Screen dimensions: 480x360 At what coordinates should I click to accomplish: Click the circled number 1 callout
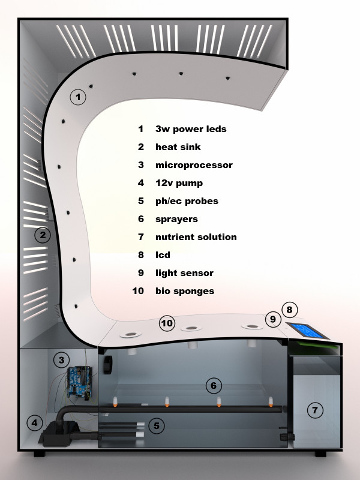pos(78,97)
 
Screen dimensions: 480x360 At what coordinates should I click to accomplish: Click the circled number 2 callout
pos(41,235)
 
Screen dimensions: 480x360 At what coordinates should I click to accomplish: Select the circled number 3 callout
pos(61,360)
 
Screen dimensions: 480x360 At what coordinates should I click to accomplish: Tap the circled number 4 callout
pos(35,424)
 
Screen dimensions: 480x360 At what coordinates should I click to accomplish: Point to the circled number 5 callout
pos(156,426)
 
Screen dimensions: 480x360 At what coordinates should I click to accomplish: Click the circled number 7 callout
pos(314,410)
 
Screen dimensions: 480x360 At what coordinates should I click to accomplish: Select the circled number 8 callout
pos(289,310)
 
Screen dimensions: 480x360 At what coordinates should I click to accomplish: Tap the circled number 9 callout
pos(273,320)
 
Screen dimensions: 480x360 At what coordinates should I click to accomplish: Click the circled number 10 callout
pos(167,324)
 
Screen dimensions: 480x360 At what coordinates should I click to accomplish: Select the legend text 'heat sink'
pos(178,147)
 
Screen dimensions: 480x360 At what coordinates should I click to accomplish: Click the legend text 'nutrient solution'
pos(196,237)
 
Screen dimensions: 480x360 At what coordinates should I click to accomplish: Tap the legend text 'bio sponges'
pos(185,291)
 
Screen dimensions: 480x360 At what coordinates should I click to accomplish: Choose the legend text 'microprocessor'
pos(194,165)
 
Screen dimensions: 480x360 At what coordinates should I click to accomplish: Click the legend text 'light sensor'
pos(184,273)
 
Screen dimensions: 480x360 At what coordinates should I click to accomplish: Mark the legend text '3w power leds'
pos(191,129)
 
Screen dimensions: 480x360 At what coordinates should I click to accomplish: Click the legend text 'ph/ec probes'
pos(187,201)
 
